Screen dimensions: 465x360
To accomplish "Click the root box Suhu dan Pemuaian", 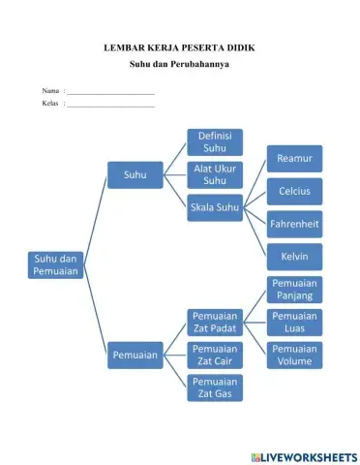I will point(55,265).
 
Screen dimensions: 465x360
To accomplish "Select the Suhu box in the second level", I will point(135,174).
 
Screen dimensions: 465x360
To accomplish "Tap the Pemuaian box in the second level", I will point(135,356).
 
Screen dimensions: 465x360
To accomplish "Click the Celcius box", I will point(294,191).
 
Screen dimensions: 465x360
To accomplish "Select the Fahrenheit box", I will point(294,224).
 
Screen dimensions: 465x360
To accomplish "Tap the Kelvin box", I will point(294,257).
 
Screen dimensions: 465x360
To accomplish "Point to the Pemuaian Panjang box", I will point(294,290).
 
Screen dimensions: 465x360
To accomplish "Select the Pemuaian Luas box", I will point(294,323).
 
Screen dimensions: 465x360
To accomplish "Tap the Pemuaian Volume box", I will point(294,356).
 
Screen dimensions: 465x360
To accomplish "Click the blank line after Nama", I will point(110,91).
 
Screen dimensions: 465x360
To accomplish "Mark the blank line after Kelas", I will point(110,104).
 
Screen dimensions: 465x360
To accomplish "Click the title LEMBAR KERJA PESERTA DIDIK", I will point(179,47).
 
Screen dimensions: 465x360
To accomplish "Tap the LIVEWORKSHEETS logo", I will point(302,455).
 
